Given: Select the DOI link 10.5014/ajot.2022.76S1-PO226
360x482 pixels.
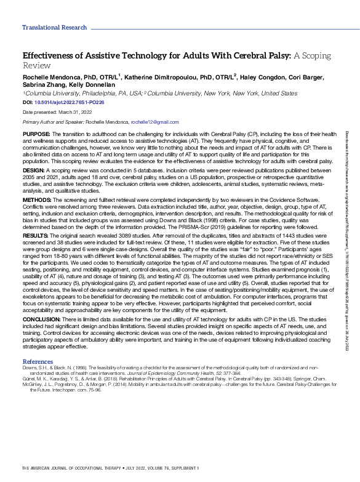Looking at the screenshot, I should coord(69,101).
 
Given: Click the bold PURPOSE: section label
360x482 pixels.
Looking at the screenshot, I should coord(36,134).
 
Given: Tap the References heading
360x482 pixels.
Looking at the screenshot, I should coord(37,361).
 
